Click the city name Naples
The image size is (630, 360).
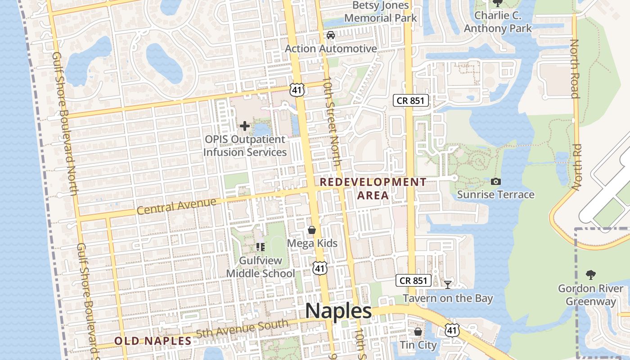pos(338,311)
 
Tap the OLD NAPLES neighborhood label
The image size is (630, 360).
pos(153,341)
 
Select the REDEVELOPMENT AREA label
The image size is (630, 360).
pos(373,189)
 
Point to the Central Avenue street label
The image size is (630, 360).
pos(176,206)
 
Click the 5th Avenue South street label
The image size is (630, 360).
pos(242,329)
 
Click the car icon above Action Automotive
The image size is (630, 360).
pos(331,35)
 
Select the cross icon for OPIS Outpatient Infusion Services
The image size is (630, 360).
pos(245,126)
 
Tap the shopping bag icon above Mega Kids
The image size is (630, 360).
pos(312,230)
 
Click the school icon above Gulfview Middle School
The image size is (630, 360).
pos(260,247)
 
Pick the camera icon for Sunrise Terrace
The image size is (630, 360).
pos(496,182)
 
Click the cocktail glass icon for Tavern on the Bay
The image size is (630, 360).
pos(448,284)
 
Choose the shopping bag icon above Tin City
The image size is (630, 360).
pos(418,332)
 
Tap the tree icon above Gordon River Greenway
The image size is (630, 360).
pos(590,274)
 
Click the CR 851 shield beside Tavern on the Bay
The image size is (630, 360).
pos(413,281)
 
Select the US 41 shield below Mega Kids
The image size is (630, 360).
pos(319,268)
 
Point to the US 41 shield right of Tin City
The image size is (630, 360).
pos(452,330)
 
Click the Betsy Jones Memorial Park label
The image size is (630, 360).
pos(381,12)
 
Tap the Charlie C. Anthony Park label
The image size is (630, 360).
pos(498,22)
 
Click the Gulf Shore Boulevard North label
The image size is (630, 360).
pos(66,124)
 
